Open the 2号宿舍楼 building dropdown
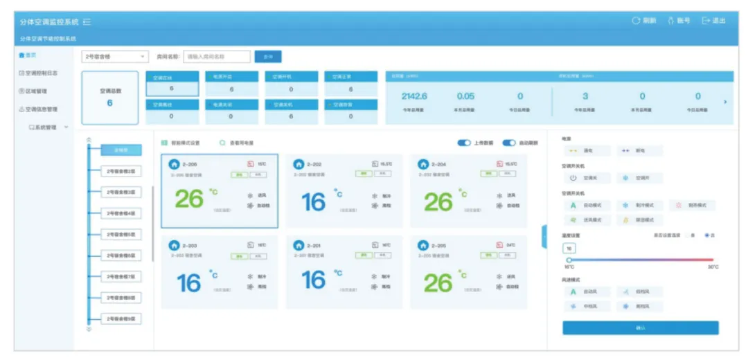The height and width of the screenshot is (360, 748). pos(115,57)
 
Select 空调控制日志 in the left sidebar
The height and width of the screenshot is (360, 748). pos(42,73)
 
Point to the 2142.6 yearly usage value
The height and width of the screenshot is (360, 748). pos(414,96)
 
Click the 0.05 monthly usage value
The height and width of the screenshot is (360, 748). pos(465,96)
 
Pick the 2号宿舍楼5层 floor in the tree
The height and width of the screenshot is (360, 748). pos(121,235)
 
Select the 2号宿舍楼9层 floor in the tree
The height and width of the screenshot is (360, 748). pos(121,319)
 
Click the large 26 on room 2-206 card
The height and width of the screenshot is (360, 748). pos(189,199)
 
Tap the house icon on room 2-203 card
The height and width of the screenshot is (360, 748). pos(175,245)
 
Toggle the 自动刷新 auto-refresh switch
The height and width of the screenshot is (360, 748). pos(509,143)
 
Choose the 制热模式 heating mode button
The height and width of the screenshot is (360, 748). pos(693,206)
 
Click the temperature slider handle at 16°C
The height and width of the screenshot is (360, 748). pos(569,260)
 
